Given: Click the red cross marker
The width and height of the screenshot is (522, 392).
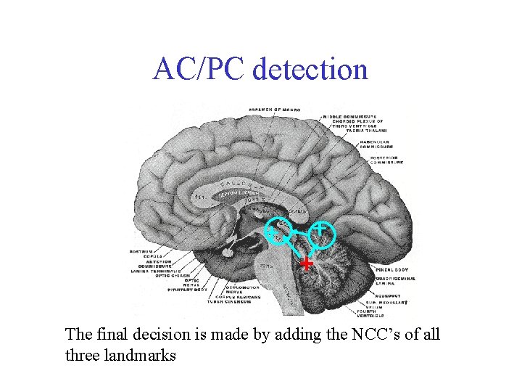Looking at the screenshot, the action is click(x=307, y=263).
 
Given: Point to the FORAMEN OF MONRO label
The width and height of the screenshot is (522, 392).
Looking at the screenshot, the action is click(x=275, y=110).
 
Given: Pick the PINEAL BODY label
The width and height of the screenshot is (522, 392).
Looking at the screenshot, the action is click(x=392, y=269).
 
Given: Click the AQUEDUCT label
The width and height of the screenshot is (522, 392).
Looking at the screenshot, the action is click(x=389, y=296).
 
